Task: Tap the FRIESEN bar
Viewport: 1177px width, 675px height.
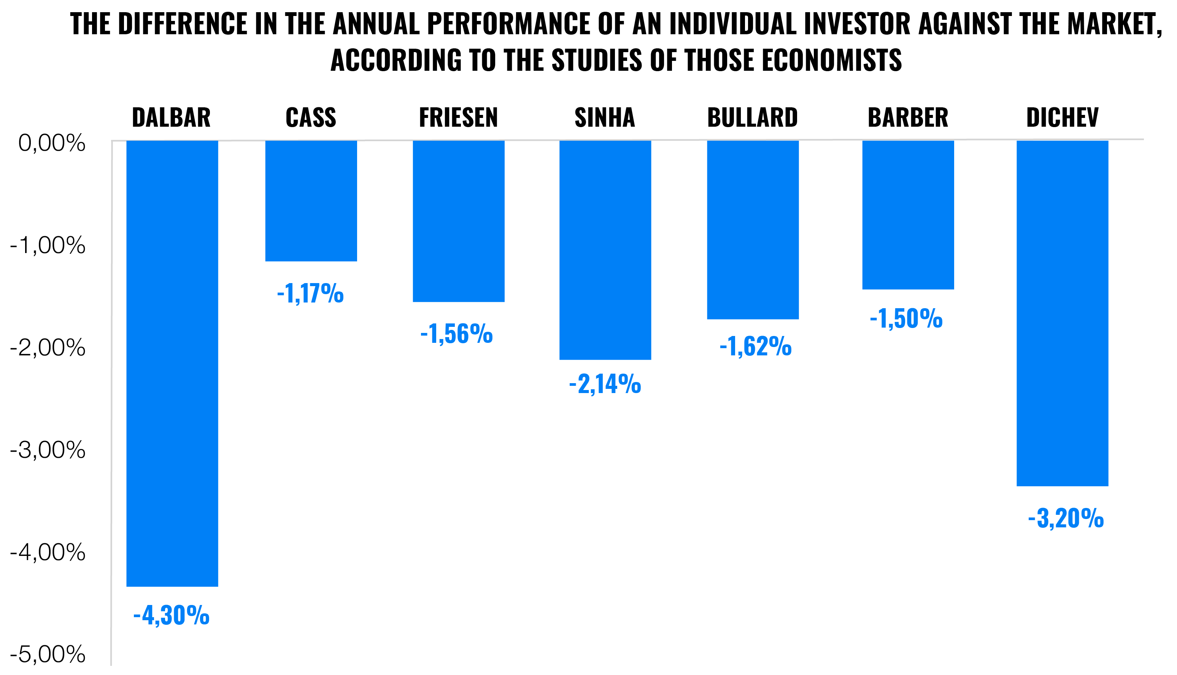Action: point(458,221)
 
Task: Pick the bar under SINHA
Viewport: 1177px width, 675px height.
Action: point(605,250)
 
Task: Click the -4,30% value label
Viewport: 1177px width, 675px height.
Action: point(172,615)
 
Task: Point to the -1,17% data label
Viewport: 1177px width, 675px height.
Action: point(310,293)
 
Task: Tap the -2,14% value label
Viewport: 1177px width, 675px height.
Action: point(605,384)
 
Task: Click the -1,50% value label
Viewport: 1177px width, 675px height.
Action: point(906,318)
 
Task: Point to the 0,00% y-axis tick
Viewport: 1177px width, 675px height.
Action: point(51,143)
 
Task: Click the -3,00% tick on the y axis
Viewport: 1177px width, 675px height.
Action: point(48,450)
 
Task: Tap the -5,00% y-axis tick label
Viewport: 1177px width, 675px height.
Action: point(48,654)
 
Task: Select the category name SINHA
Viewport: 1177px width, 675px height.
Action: point(605,117)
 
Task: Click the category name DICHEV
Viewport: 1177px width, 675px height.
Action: point(1062,117)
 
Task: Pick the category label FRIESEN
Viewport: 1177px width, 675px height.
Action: point(458,117)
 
